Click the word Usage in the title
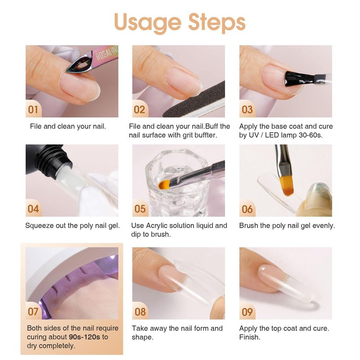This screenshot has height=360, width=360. [x=148, y=23]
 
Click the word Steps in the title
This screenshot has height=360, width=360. [x=217, y=23]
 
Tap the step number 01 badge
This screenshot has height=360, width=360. [x=33, y=109]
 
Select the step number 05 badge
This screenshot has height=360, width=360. [x=140, y=209]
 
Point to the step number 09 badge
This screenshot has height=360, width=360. [x=247, y=312]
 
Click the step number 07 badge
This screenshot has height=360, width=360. [x=33, y=311]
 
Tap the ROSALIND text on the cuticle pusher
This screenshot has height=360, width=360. [x=107, y=53]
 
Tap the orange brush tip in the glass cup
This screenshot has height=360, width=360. [x=164, y=184]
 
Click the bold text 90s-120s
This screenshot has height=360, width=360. [x=85, y=337]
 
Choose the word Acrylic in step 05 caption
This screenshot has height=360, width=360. [x=158, y=226]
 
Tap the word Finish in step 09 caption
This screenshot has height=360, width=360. [x=250, y=337]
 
